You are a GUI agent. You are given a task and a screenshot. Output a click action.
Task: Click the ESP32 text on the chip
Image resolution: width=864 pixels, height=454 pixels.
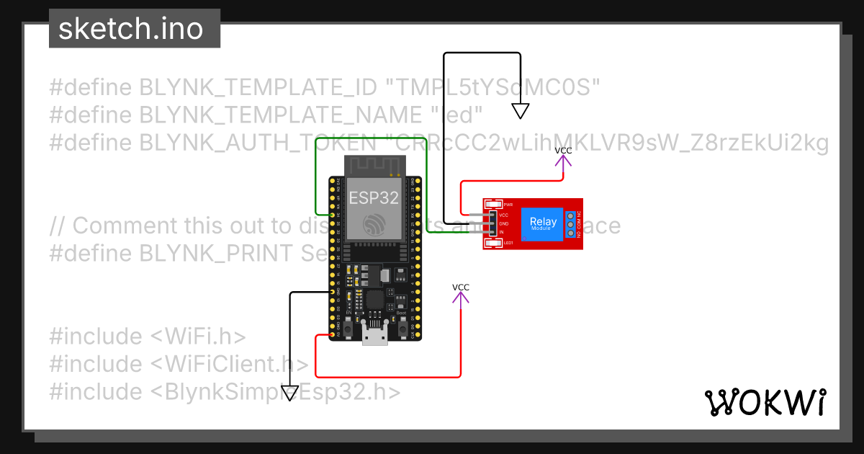point(374,198)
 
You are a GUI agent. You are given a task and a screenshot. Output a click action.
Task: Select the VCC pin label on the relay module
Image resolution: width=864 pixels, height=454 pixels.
point(504,215)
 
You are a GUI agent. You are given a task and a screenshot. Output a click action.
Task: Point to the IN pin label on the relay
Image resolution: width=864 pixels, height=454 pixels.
point(502,232)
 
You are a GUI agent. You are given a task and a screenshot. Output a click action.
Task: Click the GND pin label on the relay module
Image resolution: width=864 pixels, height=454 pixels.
point(504,223)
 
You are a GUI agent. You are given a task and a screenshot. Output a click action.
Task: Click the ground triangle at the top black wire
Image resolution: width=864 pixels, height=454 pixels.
point(521,111)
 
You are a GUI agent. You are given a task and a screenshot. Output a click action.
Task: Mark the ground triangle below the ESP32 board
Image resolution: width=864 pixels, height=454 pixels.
point(289,393)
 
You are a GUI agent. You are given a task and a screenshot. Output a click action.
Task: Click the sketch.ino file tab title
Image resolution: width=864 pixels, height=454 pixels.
point(130,29)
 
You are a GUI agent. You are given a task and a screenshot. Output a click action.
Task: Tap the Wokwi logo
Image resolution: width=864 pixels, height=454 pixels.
point(765,402)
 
